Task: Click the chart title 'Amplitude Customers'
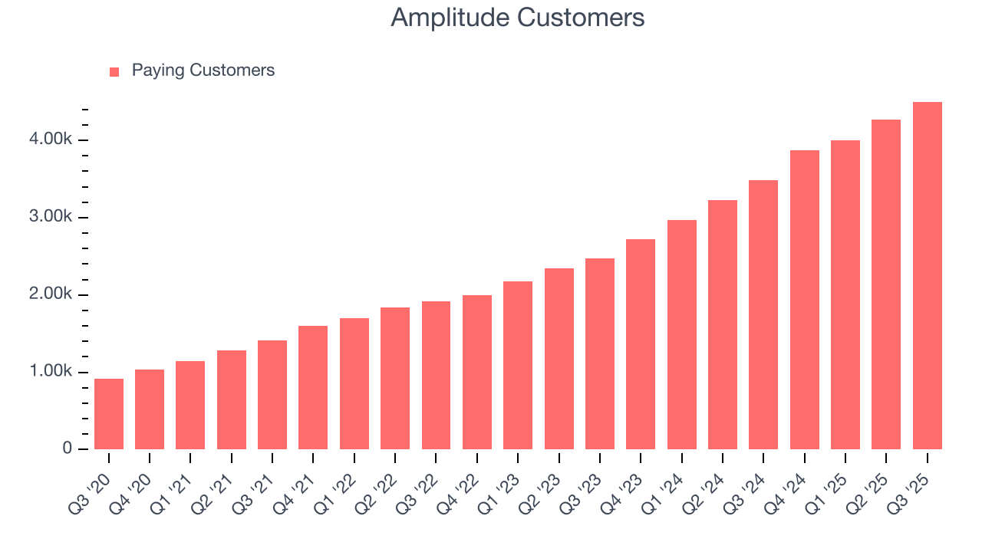517,18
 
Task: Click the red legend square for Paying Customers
114,71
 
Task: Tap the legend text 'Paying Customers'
203,71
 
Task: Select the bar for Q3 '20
109,414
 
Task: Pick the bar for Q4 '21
313,387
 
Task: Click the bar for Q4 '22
477,372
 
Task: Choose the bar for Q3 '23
600,353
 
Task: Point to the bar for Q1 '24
682,334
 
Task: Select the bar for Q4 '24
805,300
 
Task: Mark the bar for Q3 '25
928,275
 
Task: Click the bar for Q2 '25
886,284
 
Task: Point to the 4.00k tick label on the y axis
52,140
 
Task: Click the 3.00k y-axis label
52,217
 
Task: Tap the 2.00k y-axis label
52,294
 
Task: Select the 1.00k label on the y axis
52,372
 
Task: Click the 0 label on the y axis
67,449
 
